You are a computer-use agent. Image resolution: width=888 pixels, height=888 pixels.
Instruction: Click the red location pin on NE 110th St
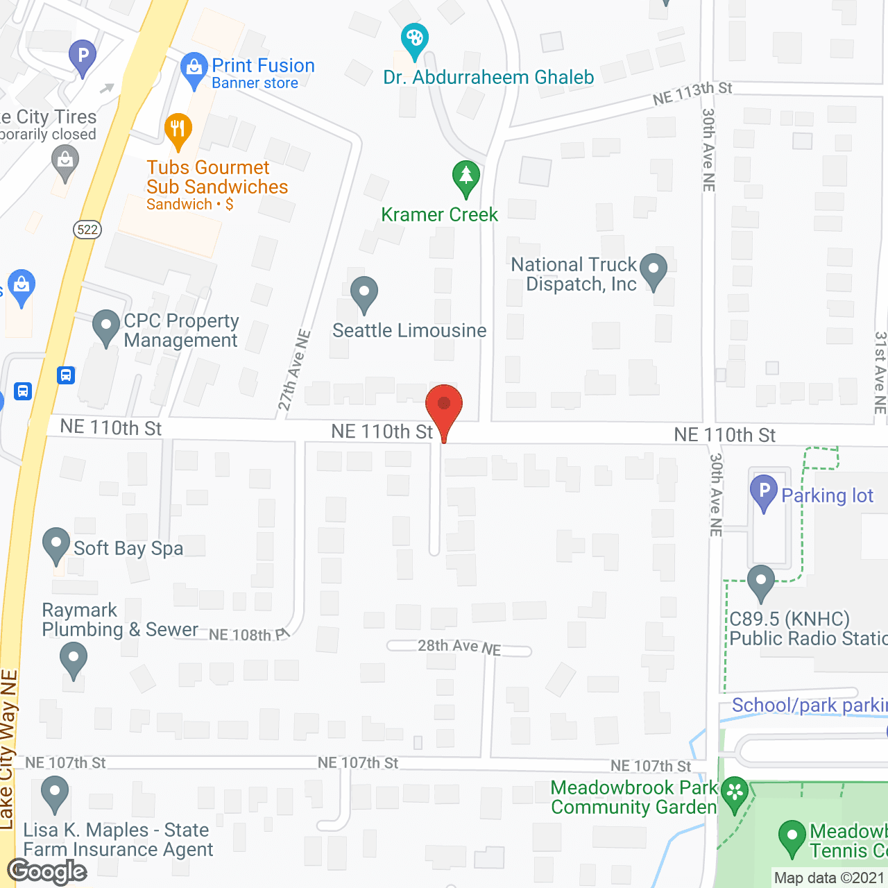point(444,404)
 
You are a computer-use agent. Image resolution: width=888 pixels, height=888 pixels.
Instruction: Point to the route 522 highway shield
point(87,230)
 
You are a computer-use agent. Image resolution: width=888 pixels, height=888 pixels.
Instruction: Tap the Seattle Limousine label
point(409,331)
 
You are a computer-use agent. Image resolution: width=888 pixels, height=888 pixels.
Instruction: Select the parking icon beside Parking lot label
point(764,490)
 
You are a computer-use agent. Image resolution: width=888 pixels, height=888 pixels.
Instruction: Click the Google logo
point(47,871)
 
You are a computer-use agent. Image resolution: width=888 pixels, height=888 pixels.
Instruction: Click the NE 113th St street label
point(692,93)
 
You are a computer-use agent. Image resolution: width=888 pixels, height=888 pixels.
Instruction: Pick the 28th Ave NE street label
point(459,647)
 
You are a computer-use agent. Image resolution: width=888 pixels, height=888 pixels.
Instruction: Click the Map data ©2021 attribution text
point(829,878)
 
